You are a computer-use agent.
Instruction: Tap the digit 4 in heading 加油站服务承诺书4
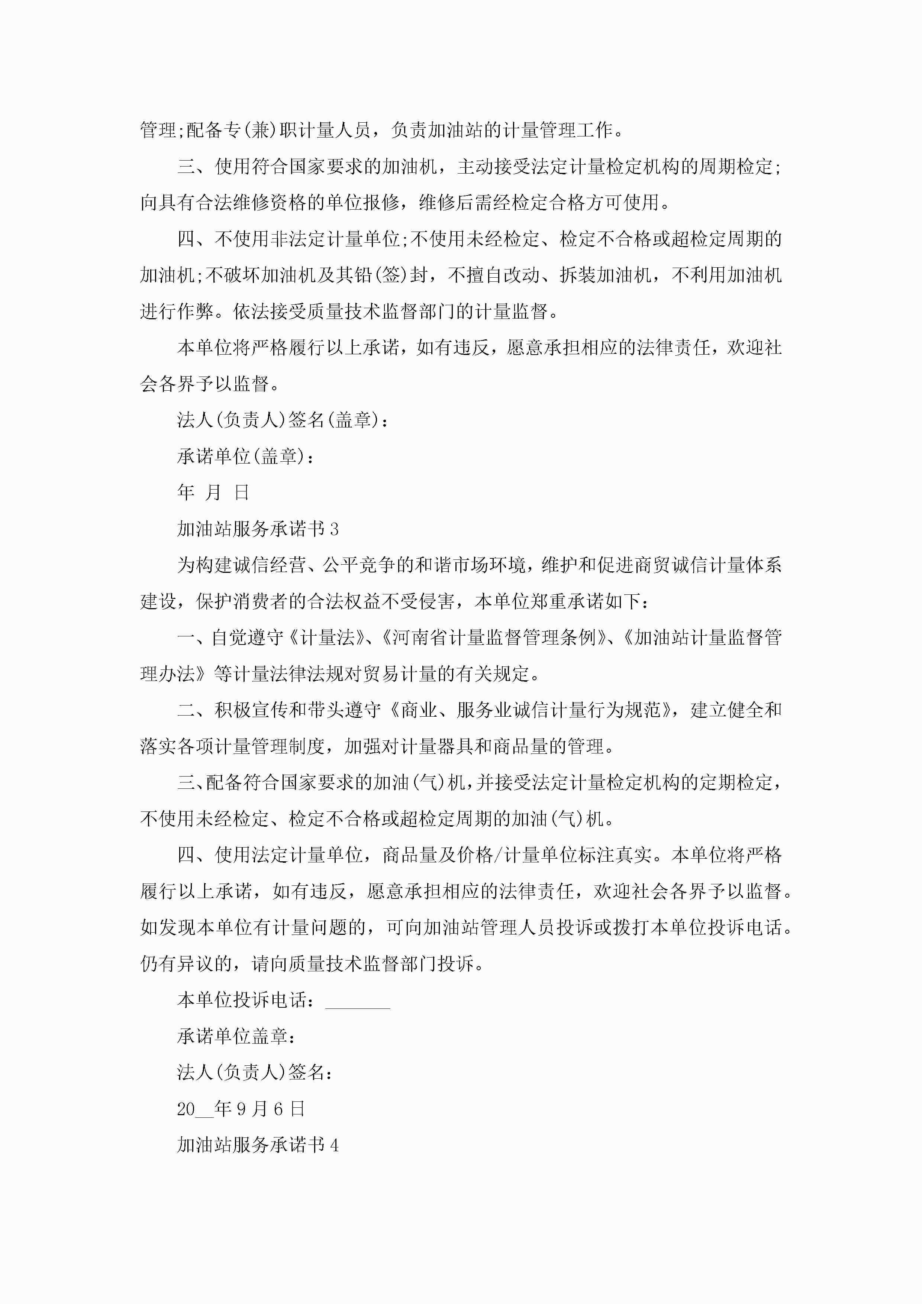334,1145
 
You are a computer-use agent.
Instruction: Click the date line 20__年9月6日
241,1108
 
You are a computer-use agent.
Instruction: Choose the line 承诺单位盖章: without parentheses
236,1036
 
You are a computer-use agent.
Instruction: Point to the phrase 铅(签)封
390,275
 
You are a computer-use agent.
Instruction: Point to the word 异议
196,963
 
